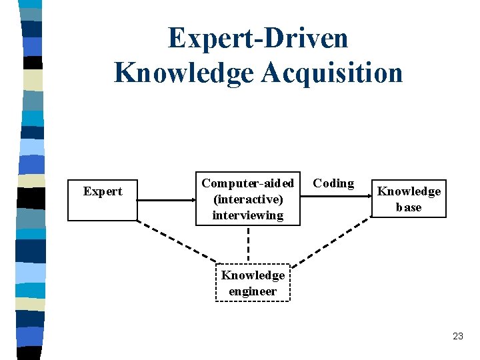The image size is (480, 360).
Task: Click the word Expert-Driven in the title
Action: point(258,38)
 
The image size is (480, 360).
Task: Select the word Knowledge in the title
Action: point(183,73)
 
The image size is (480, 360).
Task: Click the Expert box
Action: point(103,200)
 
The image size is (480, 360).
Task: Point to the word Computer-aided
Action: point(248,183)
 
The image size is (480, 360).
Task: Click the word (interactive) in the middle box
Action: point(248,199)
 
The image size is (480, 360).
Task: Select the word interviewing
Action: point(248,215)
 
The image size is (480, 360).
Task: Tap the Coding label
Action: point(333,183)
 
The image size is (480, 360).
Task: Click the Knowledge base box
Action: point(409,199)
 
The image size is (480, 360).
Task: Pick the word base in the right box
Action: point(409,207)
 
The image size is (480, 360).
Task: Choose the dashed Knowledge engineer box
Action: point(253,283)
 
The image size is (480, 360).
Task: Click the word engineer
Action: point(253,291)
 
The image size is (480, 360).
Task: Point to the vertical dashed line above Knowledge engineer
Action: point(248,245)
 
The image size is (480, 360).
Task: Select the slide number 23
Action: point(457,336)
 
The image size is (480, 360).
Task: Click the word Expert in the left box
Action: point(103,191)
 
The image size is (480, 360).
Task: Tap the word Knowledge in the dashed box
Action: point(253,275)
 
